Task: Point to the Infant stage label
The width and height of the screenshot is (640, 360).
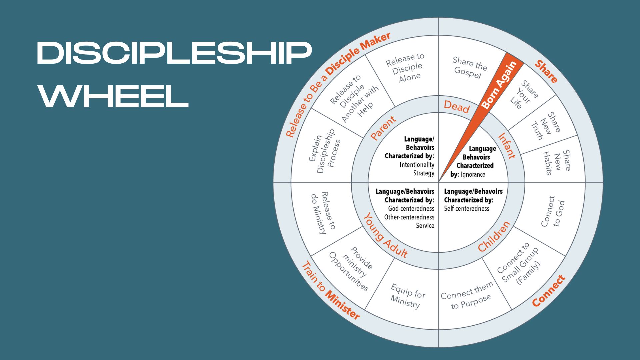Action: [x=506, y=146]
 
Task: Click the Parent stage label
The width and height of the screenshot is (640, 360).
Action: [x=383, y=128]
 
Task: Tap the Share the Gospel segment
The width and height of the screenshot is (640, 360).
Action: [x=469, y=67]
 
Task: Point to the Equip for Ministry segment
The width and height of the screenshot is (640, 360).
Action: [x=407, y=296]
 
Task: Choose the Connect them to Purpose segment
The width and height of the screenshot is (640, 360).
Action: [x=467, y=295]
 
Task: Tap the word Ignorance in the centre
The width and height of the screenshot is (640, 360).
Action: [x=473, y=174]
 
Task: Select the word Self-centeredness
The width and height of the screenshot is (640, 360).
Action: [x=466, y=209]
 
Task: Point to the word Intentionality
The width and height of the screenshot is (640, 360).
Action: [x=417, y=165]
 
